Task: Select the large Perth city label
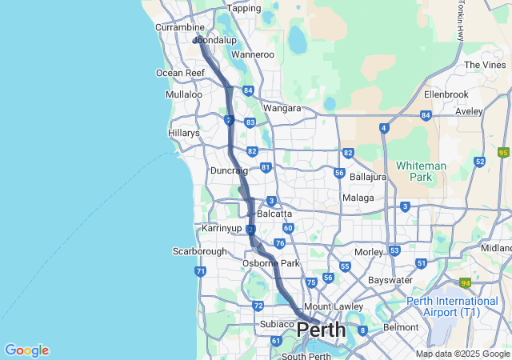pyautogui.click(x=322, y=330)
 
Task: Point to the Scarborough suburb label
pyautogui.click(x=200, y=251)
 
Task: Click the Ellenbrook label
pyautogui.click(x=446, y=94)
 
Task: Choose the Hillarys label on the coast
pyautogui.click(x=184, y=133)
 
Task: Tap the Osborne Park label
pyautogui.click(x=271, y=263)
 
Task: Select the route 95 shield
pyautogui.click(x=503, y=152)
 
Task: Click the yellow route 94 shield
pyautogui.click(x=465, y=282)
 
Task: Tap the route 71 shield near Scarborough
pyautogui.click(x=200, y=272)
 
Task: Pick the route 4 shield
pyautogui.click(x=385, y=128)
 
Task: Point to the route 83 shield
pyautogui.click(x=250, y=122)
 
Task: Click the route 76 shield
pyautogui.click(x=279, y=243)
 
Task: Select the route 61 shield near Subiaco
pyautogui.click(x=276, y=341)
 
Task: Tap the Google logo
pyautogui.click(x=26, y=350)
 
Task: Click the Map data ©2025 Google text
pyautogui.click(x=462, y=354)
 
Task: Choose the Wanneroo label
pyautogui.click(x=252, y=55)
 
